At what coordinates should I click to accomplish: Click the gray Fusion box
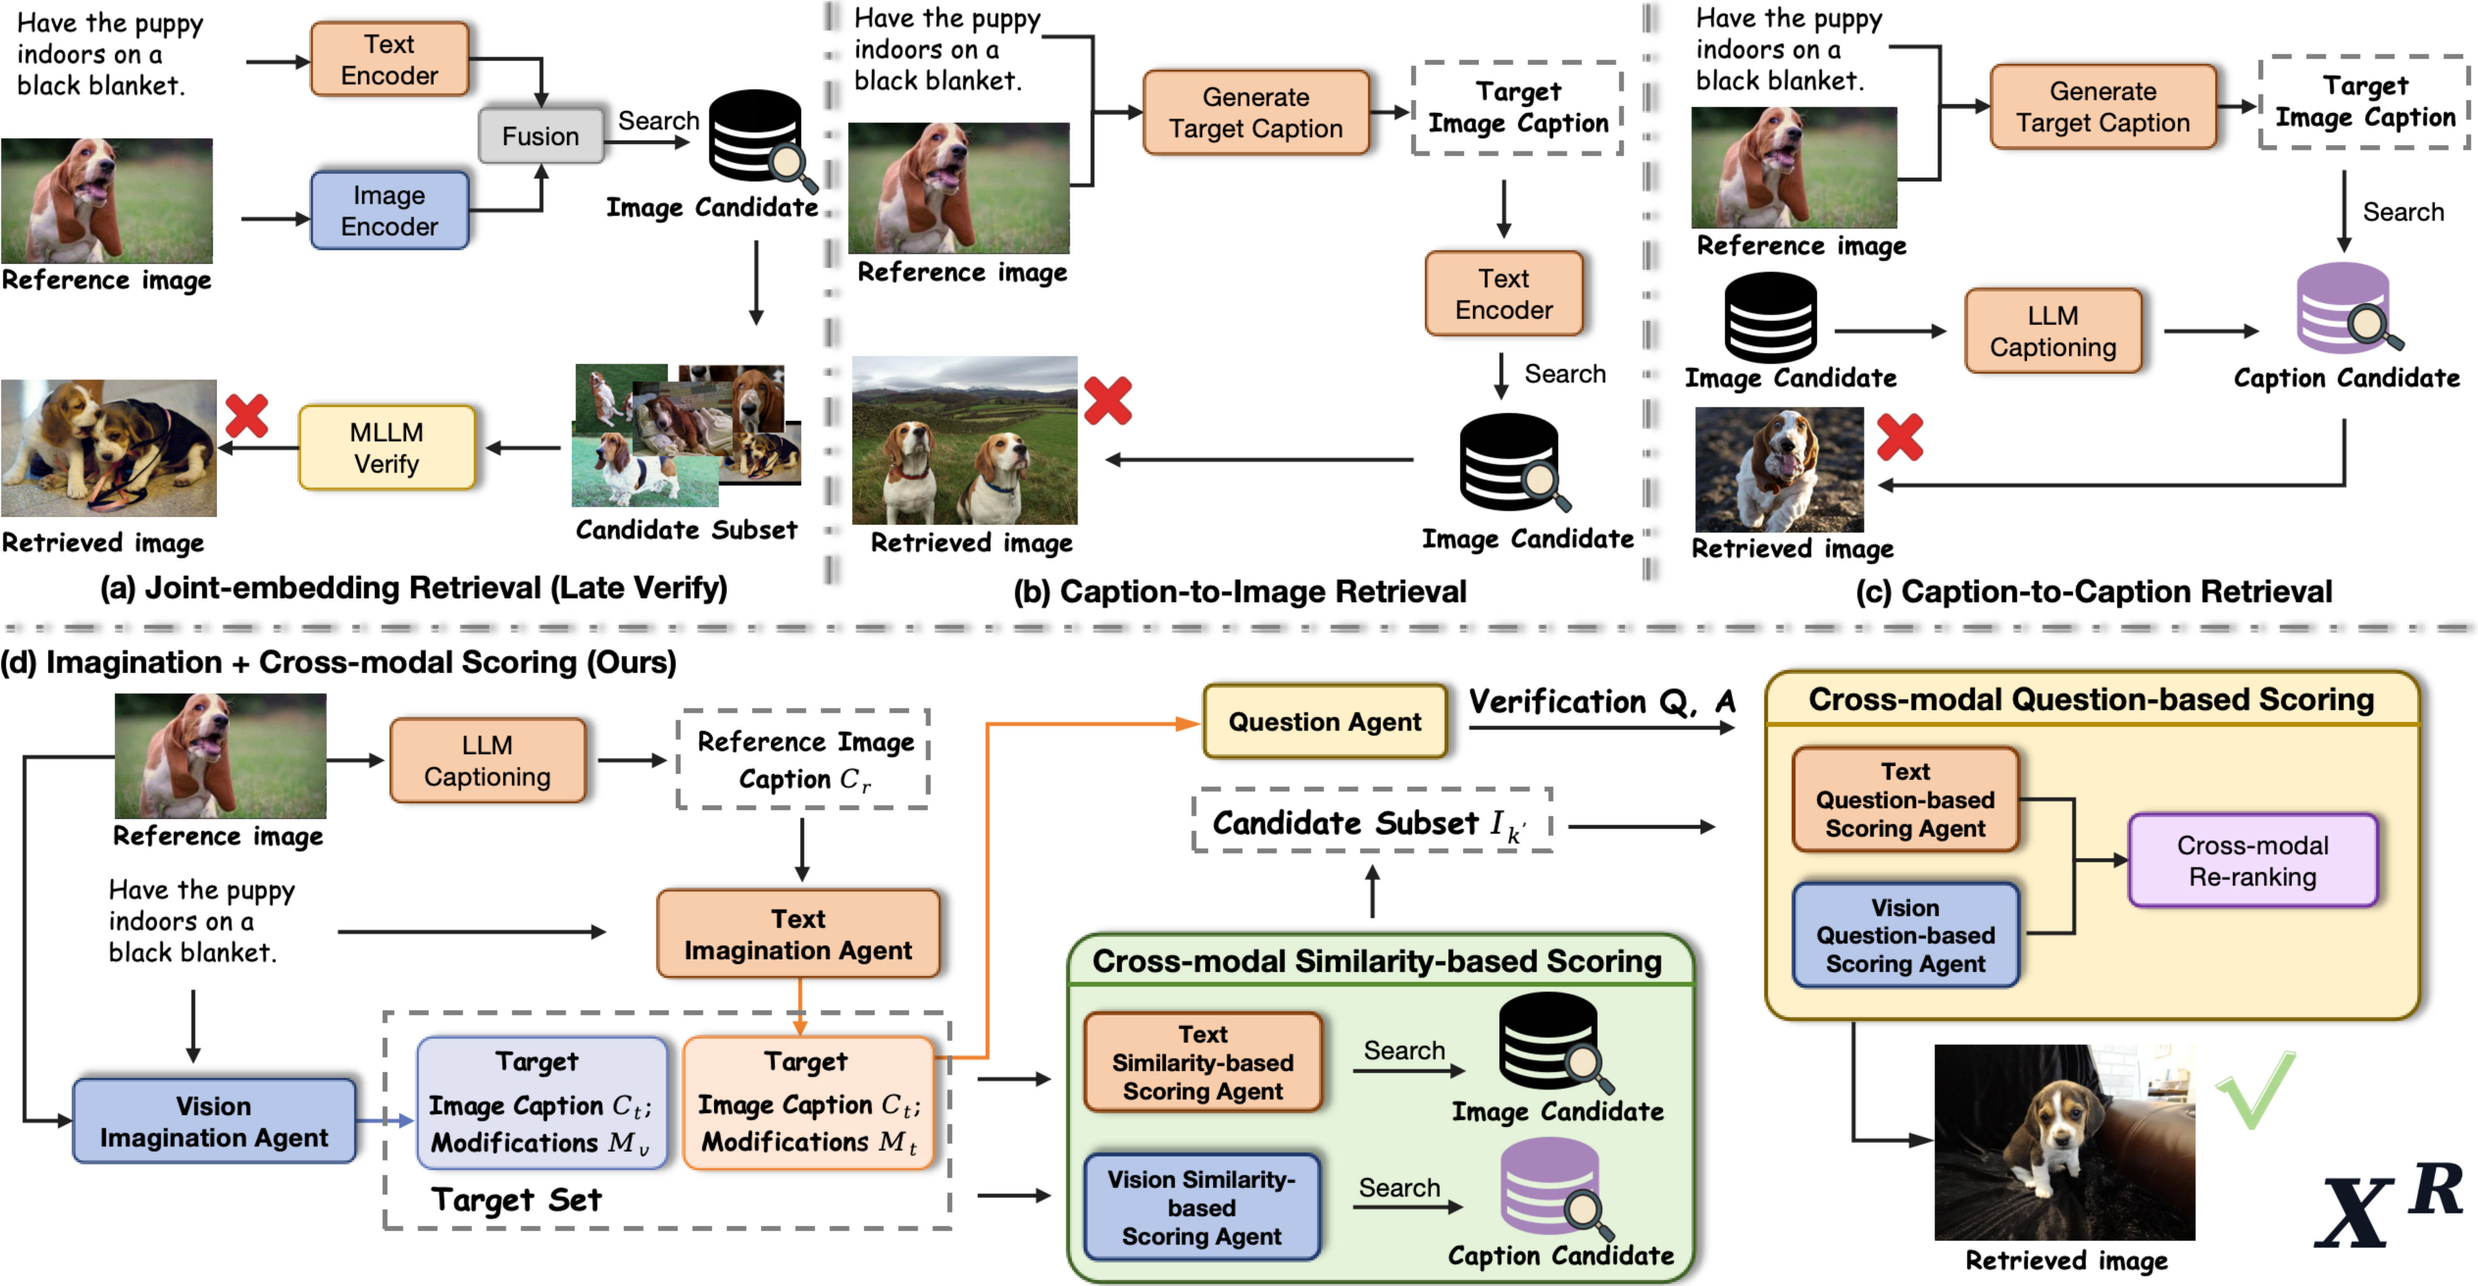pyautogui.click(x=541, y=136)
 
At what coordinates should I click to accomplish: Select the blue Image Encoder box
pyautogui.click(x=390, y=211)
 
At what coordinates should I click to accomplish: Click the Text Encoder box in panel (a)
pyautogui.click(x=390, y=59)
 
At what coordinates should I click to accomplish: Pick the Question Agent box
pyautogui.click(x=1325, y=721)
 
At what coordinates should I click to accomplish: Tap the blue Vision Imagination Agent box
pyautogui.click(x=213, y=1122)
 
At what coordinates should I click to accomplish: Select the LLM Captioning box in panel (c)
pyautogui.click(x=2053, y=331)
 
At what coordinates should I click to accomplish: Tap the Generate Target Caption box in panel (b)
pyautogui.click(x=1255, y=113)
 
